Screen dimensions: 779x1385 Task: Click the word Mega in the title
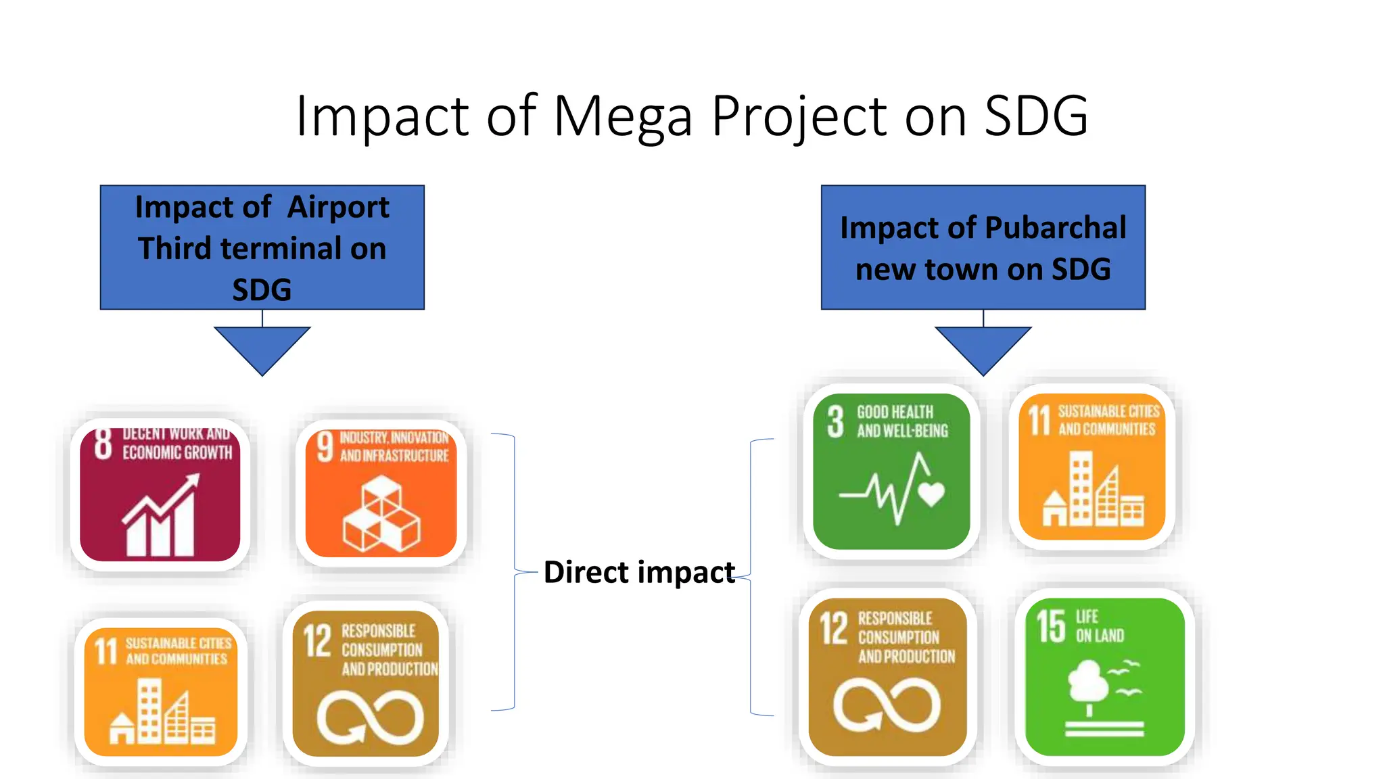[x=623, y=116]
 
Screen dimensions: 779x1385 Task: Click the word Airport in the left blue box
[x=338, y=207]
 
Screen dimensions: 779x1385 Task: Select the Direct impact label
[x=638, y=572]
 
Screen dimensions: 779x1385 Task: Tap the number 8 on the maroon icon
[x=103, y=444]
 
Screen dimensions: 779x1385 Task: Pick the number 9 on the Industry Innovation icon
[x=325, y=447]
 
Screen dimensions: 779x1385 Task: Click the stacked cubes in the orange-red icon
[x=381, y=514]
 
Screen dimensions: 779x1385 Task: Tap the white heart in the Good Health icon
[x=931, y=494]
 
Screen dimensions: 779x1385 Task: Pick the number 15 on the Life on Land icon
[x=1051, y=625]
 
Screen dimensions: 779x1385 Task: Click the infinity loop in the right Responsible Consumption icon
[x=887, y=705]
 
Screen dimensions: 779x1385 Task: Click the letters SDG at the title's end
[x=1035, y=116]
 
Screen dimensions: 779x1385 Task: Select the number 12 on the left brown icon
[x=317, y=640]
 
